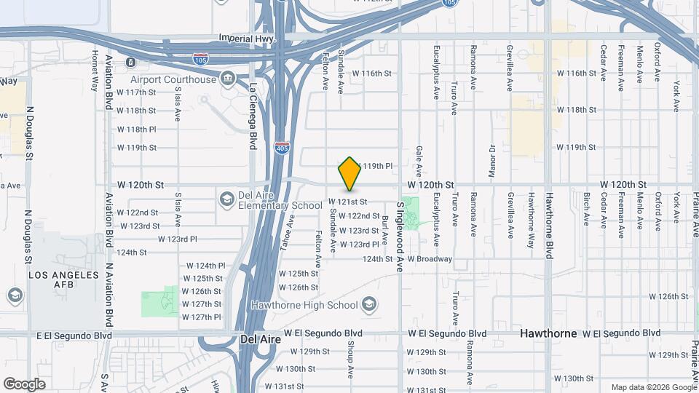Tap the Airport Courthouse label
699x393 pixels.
pos(173,79)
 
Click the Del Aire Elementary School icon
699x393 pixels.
pos(227,198)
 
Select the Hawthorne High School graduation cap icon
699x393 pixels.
pos(369,304)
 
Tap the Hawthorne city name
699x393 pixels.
pos(548,333)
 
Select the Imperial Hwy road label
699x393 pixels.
pos(245,38)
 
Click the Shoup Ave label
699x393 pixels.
pos(349,360)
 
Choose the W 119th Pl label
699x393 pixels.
pos(377,166)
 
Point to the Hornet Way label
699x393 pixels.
pos(95,71)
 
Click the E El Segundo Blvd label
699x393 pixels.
pos(74,335)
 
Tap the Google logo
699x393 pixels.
pos(24,384)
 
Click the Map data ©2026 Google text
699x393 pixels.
pos(652,387)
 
